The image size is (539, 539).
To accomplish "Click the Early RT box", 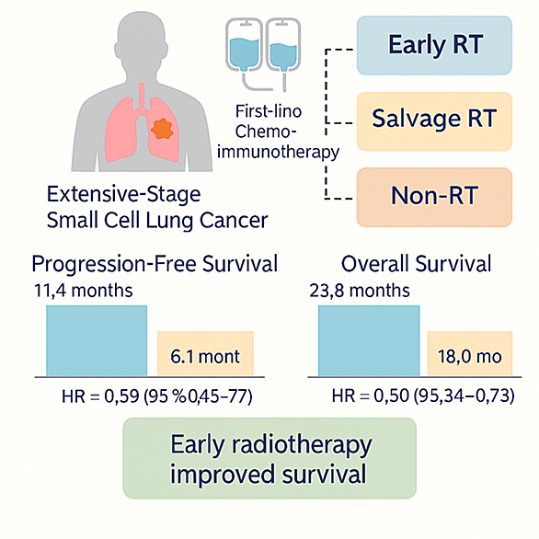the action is pos(434,45).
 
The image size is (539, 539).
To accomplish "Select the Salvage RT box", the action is pos(434,121).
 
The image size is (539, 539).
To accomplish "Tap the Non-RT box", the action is pos(434,198).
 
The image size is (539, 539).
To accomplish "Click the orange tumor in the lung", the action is pos(162,129).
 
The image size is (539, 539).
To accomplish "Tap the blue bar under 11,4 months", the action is pos(97,340).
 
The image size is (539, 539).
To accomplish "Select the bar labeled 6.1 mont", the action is pos(205,354).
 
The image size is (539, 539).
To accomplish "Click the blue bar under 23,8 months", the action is pos(369,340).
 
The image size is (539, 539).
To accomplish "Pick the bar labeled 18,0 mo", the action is pos(470,354).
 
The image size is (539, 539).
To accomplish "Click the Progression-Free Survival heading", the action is pos(155,264).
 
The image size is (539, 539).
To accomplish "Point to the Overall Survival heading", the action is pos(416,264).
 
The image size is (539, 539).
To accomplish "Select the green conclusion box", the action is pos(269,458).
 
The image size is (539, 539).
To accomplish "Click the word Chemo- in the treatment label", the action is pos(266,132).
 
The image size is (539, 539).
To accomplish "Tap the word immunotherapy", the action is pos(278,153).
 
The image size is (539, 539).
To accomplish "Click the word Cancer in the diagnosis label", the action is pos(234,220).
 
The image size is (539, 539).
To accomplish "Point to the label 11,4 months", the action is pos(83,291).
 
